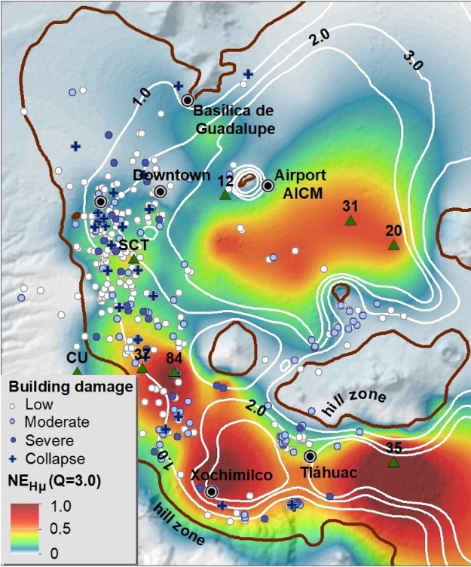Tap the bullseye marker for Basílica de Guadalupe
tap(188, 100)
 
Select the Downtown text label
tap(172, 176)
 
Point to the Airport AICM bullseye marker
tap(267, 185)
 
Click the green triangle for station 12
tap(225, 195)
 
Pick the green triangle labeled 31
tap(350, 221)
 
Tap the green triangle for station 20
tap(393, 245)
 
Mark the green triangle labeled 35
tap(393, 462)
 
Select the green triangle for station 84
tap(174, 372)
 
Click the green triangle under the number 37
tap(142, 368)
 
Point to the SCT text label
tap(133, 246)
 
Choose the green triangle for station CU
tap(77, 370)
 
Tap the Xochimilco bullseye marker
tap(212, 492)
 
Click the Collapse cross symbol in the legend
tap(13, 458)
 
